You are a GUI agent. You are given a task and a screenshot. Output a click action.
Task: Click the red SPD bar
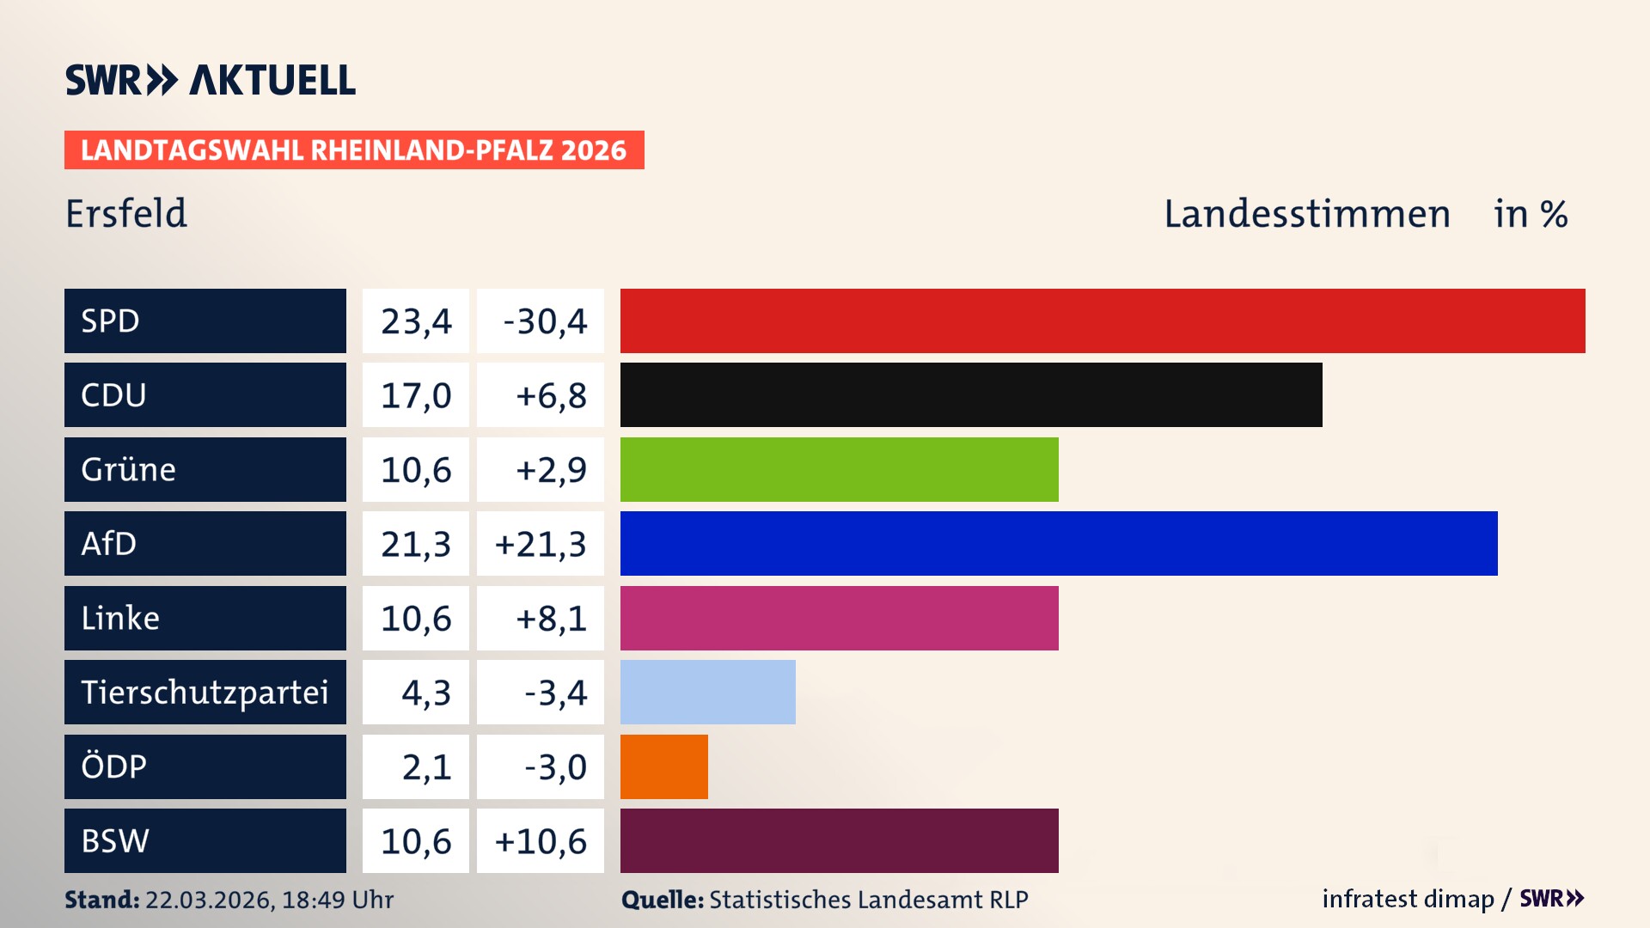pyautogui.click(x=1103, y=321)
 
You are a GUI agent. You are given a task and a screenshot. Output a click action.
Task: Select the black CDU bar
pyautogui.click(x=971, y=395)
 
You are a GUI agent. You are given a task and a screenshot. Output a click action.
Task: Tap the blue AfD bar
pyautogui.click(x=1059, y=544)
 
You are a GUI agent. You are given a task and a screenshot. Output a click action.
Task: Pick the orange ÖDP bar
pyautogui.click(x=664, y=766)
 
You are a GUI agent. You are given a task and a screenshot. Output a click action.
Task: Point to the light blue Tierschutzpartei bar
pyautogui.click(x=708, y=693)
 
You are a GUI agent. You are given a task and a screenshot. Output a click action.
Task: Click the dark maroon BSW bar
pyautogui.click(x=840, y=841)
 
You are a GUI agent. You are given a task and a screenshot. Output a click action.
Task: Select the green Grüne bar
pyautogui.click(x=840, y=470)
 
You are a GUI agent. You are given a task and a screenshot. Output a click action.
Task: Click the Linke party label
pyautogui.click(x=120, y=619)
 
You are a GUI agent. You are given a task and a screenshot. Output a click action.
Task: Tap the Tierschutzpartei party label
pyautogui.click(x=205, y=693)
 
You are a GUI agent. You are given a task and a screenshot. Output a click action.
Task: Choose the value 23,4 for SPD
pyautogui.click(x=416, y=321)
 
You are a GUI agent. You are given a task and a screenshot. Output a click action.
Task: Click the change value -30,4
pyautogui.click(x=545, y=321)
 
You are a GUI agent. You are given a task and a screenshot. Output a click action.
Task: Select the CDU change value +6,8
pyautogui.click(x=551, y=395)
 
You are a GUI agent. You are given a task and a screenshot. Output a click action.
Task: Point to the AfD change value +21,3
pyautogui.click(x=541, y=544)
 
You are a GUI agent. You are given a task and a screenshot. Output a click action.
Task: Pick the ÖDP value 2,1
pyautogui.click(x=426, y=766)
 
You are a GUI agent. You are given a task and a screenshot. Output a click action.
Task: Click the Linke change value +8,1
pyautogui.click(x=551, y=619)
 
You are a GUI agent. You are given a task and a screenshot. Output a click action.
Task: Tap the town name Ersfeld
pyautogui.click(x=126, y=214)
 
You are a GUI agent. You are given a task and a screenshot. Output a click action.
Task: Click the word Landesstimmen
pyautogui.click(x=1306, y=214)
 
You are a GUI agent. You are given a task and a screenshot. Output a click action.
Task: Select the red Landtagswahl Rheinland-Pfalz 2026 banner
pyautogui.click(x=354, y=150)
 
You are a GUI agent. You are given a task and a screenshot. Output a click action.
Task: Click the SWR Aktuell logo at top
pyautogui.click(x=211, y=80)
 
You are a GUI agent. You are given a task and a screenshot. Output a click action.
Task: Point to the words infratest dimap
pyautogui.click(x=1408, y=899)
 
